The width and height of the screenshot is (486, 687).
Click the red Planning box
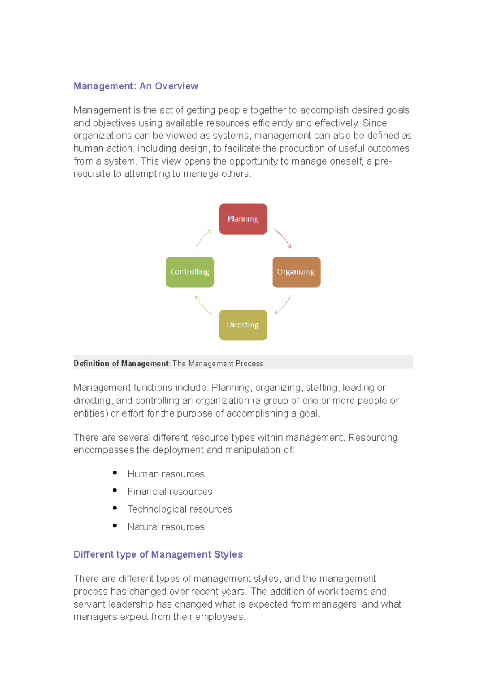[243, 219]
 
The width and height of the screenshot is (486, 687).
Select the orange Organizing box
[296, 272]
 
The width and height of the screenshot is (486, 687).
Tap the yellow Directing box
[243, 325]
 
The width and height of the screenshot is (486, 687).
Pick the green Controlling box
[190, 272]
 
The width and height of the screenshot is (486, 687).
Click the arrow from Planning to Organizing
[283, 239]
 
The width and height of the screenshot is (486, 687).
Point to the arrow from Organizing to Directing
[283, 305]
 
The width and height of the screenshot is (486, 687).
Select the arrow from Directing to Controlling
[203, 305]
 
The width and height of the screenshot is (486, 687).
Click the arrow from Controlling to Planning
[203, 239]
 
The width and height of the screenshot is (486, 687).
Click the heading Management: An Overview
[136, 86]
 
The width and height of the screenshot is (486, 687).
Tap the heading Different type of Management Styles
[158, 554]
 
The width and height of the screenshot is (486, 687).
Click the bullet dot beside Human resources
[115, 473]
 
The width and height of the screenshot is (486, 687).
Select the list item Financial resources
[170, 492]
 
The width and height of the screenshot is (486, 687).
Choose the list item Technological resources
[180, 509]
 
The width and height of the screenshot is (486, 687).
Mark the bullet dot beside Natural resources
[115, 526]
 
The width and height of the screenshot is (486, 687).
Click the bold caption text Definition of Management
[121, 363]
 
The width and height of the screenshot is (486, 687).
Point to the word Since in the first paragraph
[375, 123]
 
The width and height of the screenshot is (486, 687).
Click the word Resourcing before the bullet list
[373, 437]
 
